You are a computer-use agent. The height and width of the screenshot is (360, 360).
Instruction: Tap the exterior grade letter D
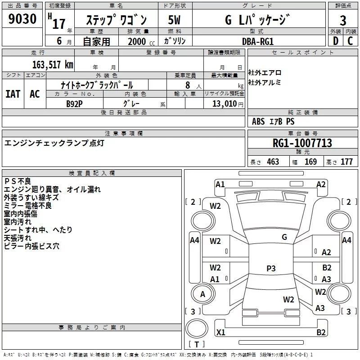[335, 40]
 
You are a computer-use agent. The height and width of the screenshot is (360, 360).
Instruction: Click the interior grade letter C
[350, 40]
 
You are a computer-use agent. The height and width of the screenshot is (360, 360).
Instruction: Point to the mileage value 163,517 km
[53, 64]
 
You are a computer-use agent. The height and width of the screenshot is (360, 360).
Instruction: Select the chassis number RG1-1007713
[302, 143]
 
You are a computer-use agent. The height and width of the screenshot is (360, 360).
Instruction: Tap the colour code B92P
[75, 103]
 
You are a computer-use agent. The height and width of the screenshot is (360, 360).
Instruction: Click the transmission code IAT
[13, 94]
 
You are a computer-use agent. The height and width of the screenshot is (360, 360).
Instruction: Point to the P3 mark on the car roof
[271, 269]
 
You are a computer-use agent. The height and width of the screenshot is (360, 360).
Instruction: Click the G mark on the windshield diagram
[284, 237]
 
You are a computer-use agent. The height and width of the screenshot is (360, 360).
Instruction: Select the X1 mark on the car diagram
[220, 333]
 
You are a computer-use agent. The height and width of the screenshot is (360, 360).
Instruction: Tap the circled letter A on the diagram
[203, 294]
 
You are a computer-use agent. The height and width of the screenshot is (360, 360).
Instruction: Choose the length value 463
[273, 162]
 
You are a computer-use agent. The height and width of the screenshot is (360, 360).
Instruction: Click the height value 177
[346, 162]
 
